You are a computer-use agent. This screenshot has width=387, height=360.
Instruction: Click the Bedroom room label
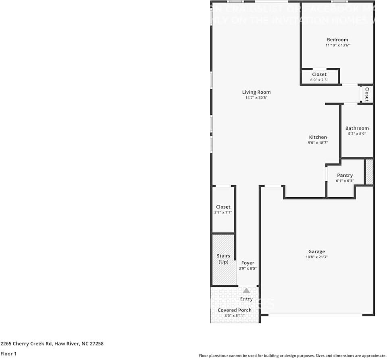[337, 40]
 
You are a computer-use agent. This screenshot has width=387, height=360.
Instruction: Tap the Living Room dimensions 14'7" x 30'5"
[256, 98]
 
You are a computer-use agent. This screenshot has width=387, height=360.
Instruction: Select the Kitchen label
[318, 137]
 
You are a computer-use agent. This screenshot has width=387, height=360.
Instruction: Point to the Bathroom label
[357, 128]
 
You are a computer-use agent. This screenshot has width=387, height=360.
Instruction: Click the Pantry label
[345, 175]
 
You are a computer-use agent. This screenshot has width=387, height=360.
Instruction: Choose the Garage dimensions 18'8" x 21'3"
[316, 257]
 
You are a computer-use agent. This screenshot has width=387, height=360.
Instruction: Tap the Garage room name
[316, 251]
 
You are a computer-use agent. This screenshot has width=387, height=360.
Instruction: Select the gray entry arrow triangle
[246, 290]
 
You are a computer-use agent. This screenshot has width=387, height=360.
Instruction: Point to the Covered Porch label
[234, 310]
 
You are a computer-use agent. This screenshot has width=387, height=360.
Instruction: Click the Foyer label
[248, 263]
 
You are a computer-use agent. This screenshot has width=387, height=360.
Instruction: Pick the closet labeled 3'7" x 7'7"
[223, 209]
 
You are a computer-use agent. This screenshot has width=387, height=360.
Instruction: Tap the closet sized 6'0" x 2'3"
[319, 77]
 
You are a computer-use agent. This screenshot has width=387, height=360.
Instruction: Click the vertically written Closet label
[367, 94]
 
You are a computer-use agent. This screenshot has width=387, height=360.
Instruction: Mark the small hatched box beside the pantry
[369, 172]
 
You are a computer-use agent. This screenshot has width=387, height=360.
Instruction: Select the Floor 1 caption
[8, 354]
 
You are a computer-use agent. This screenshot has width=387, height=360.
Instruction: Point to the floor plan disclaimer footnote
[292, 356]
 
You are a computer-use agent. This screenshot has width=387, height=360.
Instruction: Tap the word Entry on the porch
[246, 299]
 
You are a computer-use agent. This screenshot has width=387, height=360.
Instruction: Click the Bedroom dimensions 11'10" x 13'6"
[337, 45]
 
